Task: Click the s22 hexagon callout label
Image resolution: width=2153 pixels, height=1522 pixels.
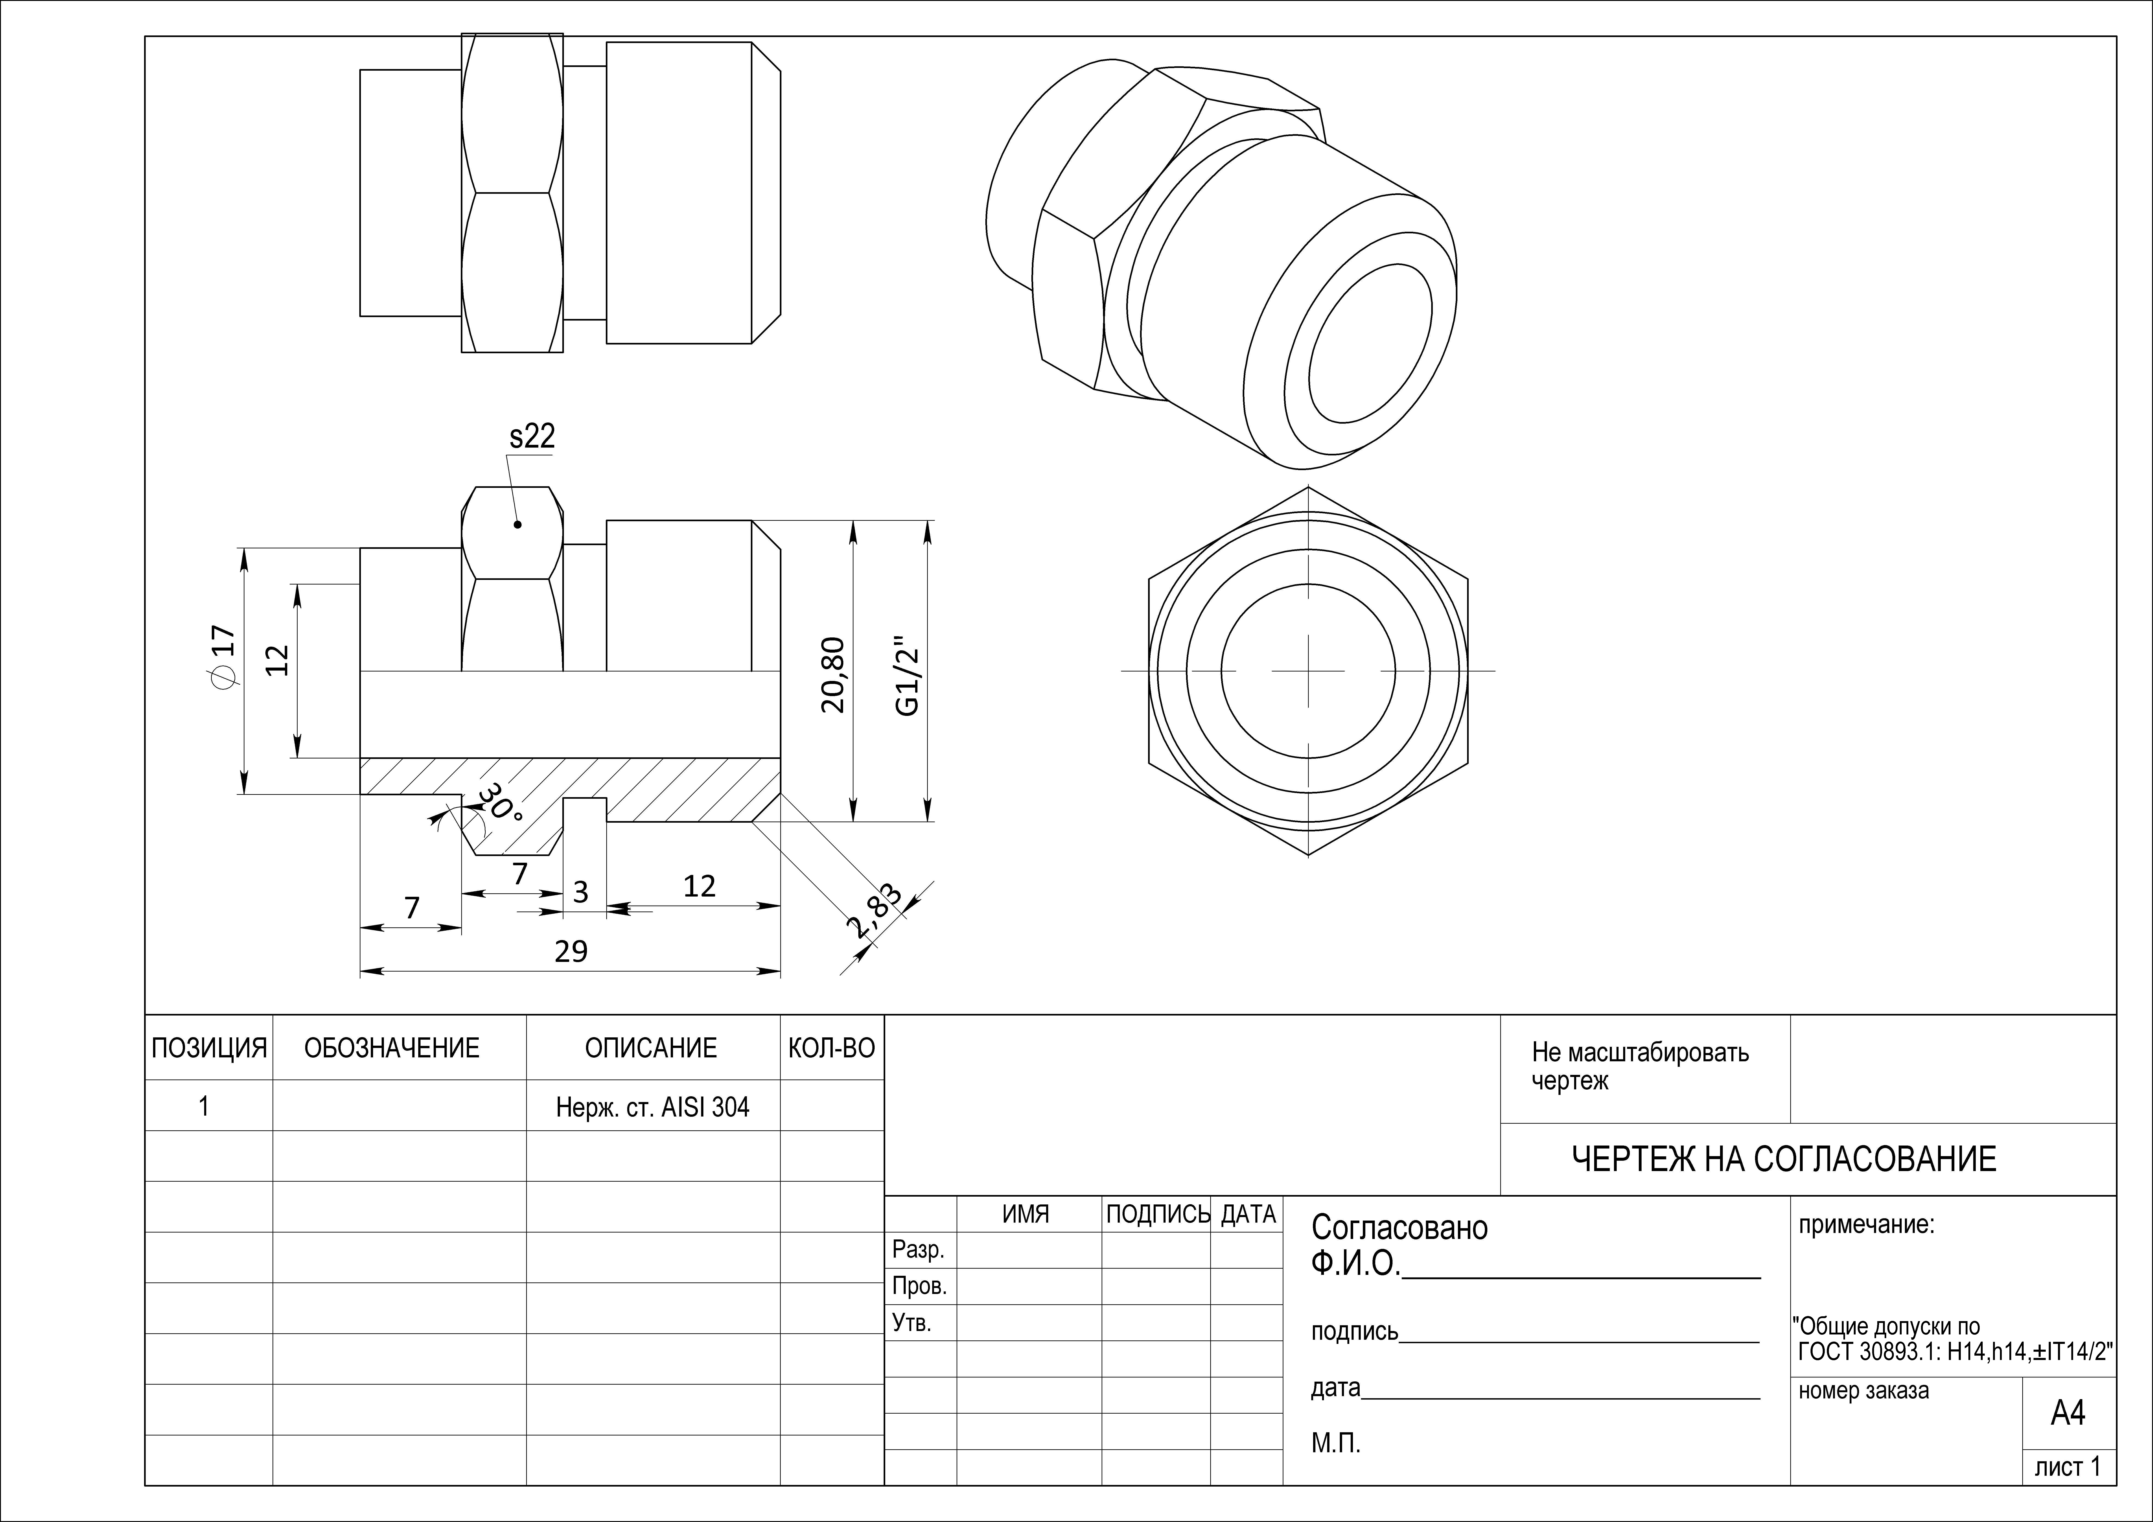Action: click(532, 436)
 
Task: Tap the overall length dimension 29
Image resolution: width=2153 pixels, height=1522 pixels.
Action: click(571, 952)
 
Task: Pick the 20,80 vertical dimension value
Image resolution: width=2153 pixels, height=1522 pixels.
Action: click(833, 675)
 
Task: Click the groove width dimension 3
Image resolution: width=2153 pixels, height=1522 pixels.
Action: click(580, 892)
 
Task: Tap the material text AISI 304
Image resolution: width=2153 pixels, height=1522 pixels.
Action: click(705, 1108)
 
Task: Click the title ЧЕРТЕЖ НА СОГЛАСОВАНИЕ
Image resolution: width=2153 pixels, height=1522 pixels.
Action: click(1784, 1160)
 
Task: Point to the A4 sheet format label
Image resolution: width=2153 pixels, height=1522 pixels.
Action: click(2068, 1412)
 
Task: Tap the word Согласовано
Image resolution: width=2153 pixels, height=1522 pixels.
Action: click(1399, 1227)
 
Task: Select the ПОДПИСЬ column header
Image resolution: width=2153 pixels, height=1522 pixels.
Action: click(1158, 1214)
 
